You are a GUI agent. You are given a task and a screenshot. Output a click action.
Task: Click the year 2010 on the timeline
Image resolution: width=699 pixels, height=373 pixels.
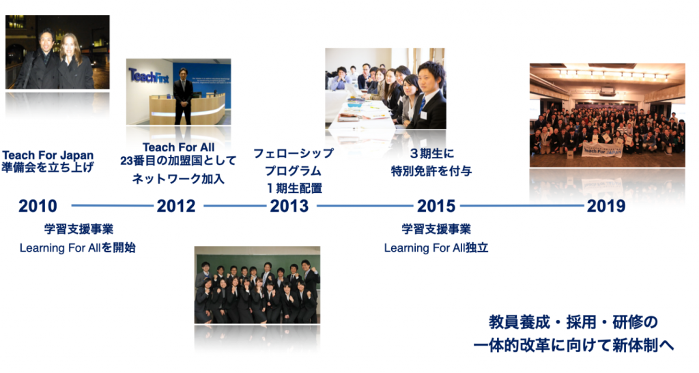coord(38,206)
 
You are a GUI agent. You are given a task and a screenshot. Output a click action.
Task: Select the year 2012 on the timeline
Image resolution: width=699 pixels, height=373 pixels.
coord(176,206)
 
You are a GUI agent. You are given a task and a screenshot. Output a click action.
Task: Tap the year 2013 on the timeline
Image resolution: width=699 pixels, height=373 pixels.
coord(289,206)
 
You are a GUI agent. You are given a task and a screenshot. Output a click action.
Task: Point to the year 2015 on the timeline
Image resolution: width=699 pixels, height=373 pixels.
coord(436,206)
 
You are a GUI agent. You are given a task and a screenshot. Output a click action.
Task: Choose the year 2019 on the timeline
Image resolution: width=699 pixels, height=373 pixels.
coord(606,206)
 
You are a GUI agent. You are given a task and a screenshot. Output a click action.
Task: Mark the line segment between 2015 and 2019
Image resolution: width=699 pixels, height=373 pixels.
coord(522,206)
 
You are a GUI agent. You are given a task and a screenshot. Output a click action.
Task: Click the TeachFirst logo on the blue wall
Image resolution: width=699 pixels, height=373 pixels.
coord(149,76)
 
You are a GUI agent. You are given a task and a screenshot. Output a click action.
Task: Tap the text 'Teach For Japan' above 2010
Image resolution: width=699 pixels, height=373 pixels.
coord(48,155)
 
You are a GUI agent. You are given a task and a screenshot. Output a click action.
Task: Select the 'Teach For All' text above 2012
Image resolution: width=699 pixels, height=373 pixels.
coord(178,147)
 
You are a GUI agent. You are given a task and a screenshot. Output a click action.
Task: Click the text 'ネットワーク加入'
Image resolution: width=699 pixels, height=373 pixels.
coord(178,179)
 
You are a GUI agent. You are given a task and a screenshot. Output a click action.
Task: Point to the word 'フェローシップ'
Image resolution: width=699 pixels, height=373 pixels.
coord(294,153)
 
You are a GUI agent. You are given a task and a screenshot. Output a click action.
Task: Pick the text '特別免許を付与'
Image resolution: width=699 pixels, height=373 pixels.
coord(431,171)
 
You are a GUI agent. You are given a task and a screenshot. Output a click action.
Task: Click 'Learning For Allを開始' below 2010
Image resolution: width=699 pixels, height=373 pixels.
coord(78,248)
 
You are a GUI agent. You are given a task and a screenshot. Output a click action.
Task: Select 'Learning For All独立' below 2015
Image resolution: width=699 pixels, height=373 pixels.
coord(436,248)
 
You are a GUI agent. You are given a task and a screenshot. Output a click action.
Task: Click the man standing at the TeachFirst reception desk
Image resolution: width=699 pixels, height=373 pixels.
coord(183,96)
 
